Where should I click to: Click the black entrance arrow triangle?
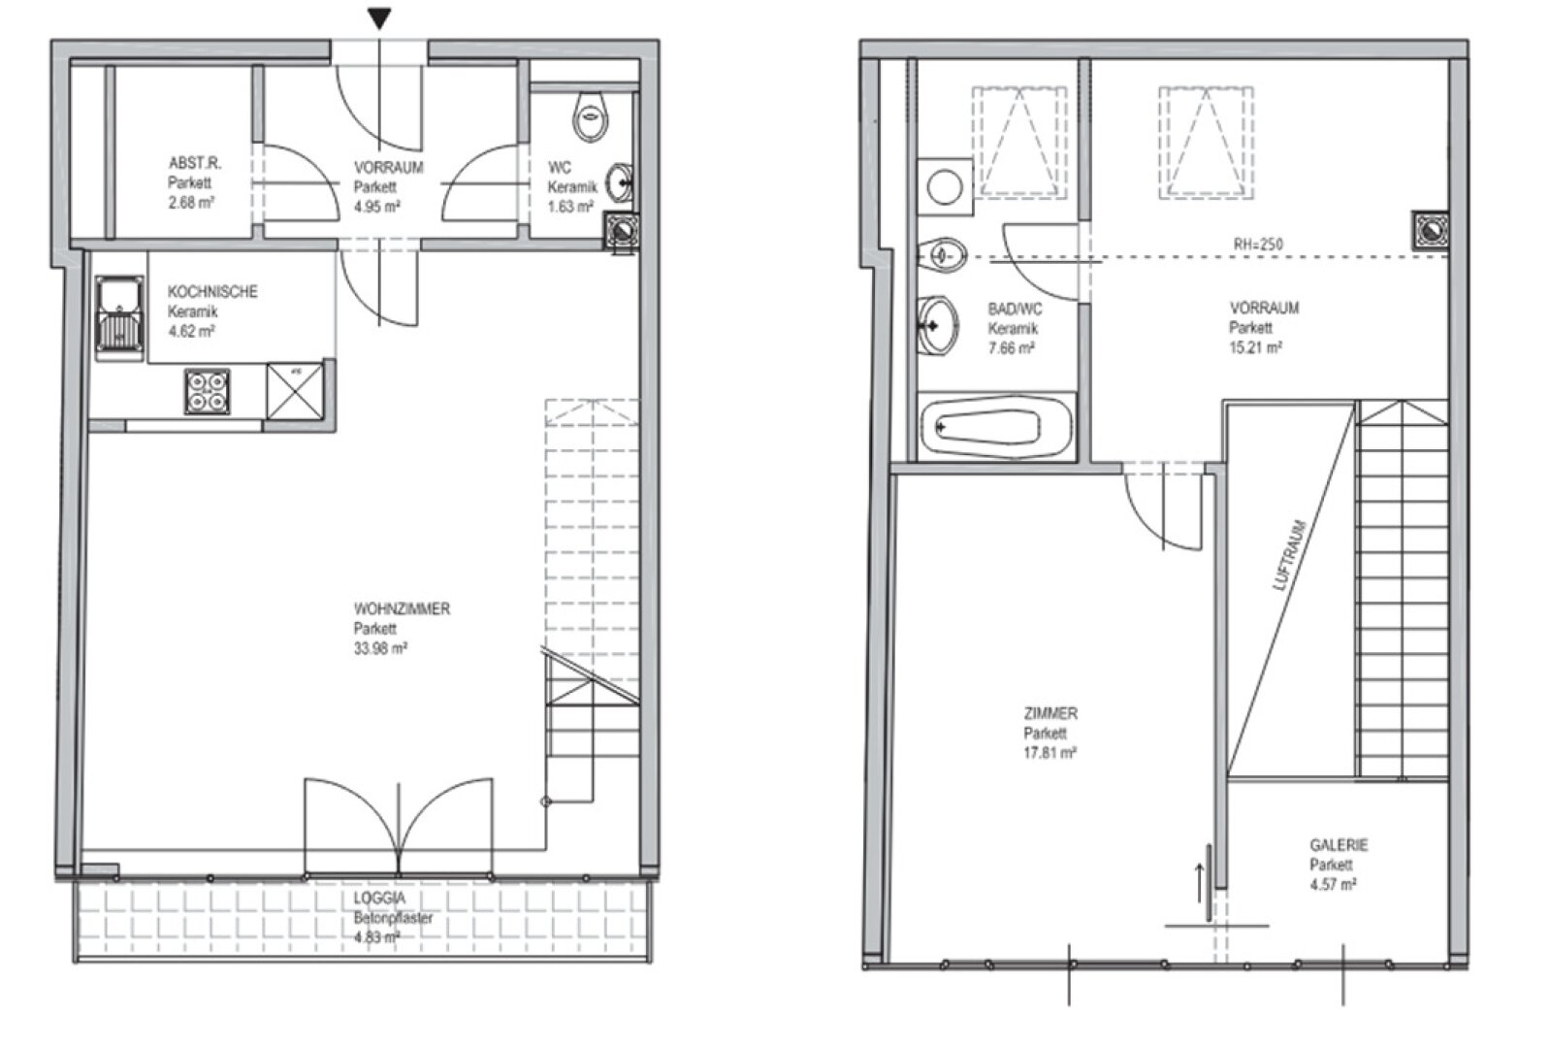(x=379, y=18)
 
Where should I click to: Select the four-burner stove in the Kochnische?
(x=207, y=392)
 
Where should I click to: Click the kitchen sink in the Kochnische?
(x=120, y=317)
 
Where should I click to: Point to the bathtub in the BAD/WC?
(x=997, y=427)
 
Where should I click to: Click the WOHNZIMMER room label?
(x=402, y=609)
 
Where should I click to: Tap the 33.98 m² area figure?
(x=380, y=648)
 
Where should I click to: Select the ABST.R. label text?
(x=195, y=163)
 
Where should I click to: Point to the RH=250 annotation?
(x=1258, y=245)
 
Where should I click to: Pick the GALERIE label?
(x=1339, y=845)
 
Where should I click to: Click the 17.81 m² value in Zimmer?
(x=1049, y=752)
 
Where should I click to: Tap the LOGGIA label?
(x=380, y=899)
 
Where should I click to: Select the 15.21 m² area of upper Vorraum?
(x=1255, y=347)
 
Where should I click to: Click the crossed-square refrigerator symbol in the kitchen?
(x=296, y=390)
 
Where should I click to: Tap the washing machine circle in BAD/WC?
(x=945, y=187)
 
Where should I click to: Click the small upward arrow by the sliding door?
(x=1201, y=883)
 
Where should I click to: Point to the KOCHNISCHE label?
(x=212, y=292)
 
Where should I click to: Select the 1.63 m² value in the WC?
(x=571, y=207)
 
